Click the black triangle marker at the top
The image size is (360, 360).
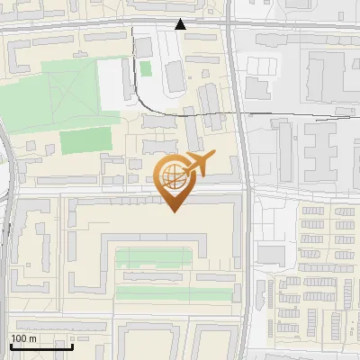181,24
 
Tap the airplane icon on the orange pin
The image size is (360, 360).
198,165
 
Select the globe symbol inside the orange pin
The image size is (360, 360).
175,177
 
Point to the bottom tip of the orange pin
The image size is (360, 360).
175,211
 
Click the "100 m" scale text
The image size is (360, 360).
24,338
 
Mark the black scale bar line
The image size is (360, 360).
41,346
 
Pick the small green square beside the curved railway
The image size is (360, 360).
146,68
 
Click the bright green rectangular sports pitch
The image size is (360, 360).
85,141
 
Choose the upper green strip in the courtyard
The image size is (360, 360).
153,259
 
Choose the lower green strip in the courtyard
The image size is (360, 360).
153,292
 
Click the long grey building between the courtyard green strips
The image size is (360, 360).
153,276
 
